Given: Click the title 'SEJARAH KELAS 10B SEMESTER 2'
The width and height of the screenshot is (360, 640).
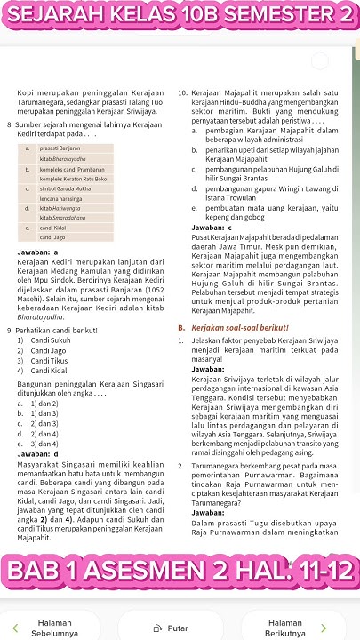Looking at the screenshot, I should pyautogui.click(x=180, y=15).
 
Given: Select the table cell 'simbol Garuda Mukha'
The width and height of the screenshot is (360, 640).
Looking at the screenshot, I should pyautogui.click(x=65, y=189).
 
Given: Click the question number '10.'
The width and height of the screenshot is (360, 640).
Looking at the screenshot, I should pyautogui.click(x=182, y=92).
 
